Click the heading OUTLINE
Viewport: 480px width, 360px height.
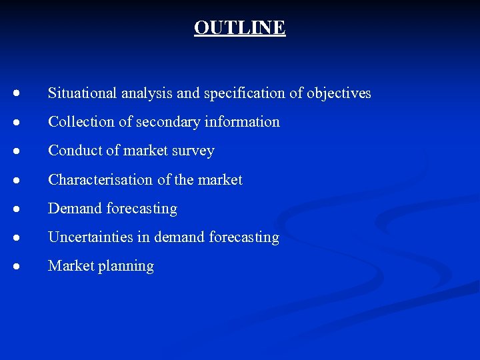[239, 27]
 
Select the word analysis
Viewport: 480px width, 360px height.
[147, 93]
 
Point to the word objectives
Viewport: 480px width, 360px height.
[339, 93]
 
